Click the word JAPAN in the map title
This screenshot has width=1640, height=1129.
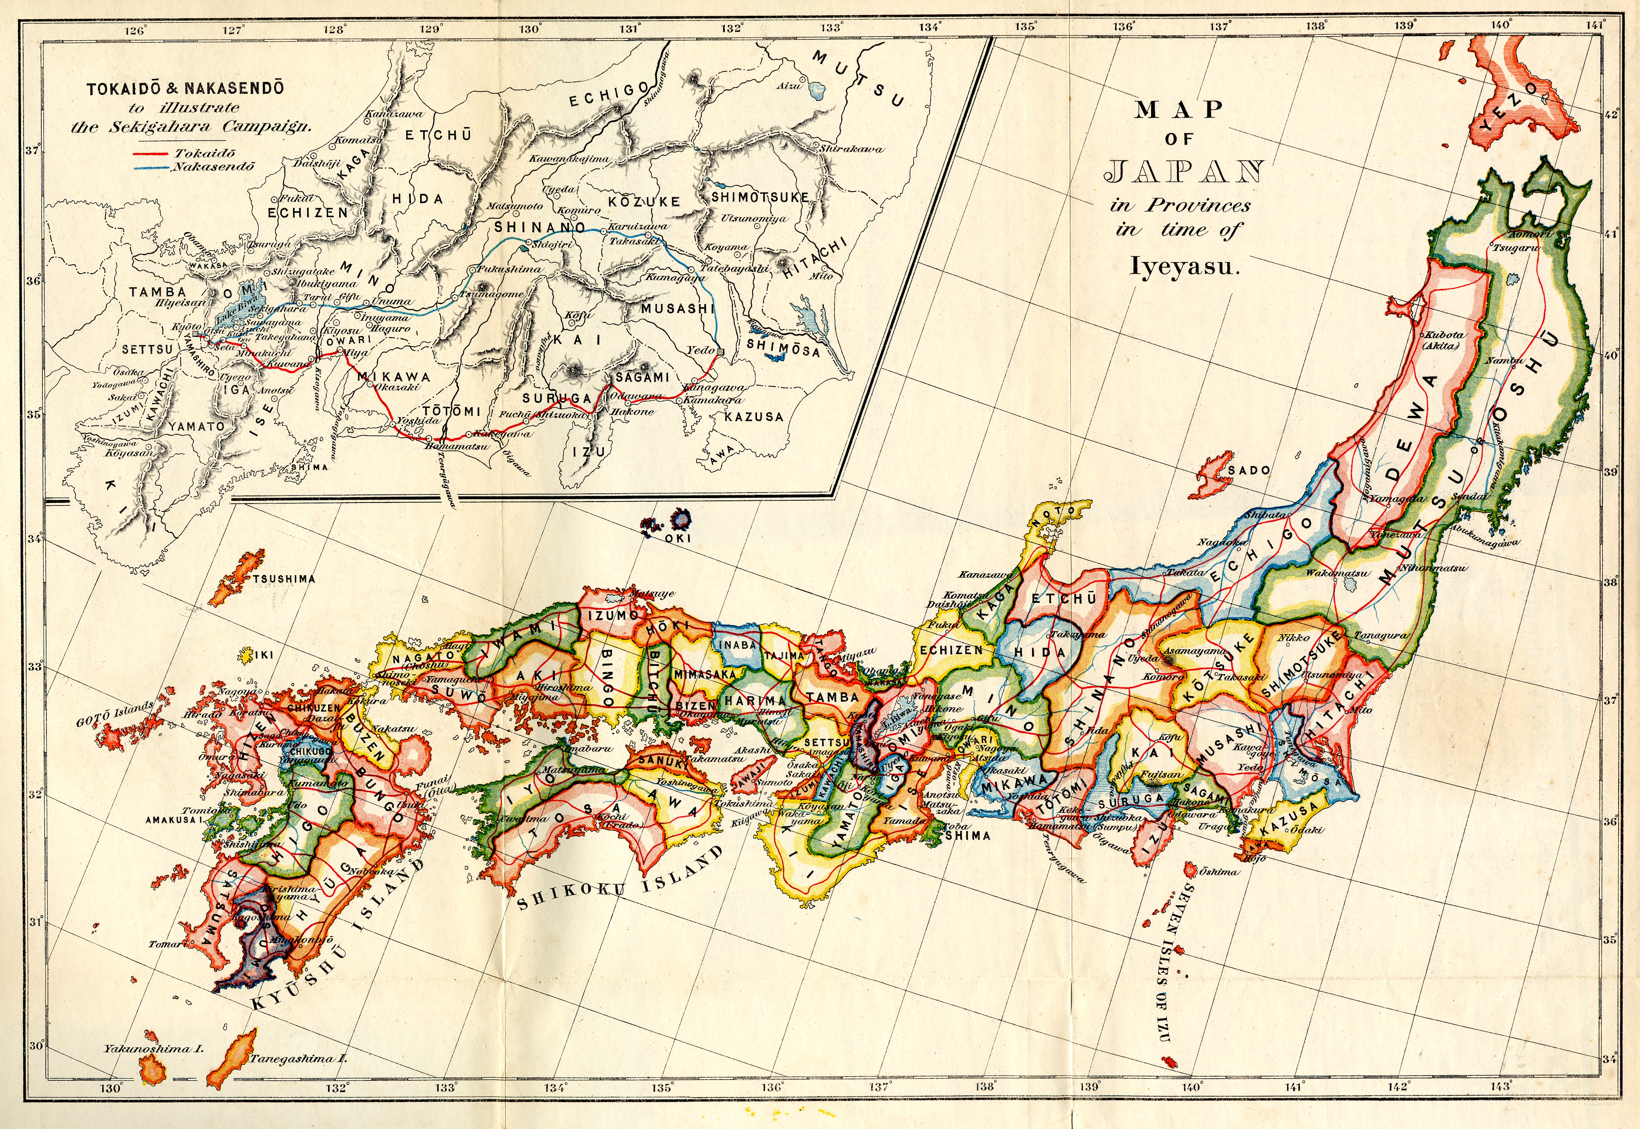pos(1185,171)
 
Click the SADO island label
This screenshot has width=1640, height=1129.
pos(1249,470)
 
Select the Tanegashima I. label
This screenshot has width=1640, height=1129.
pos(297,1079)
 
